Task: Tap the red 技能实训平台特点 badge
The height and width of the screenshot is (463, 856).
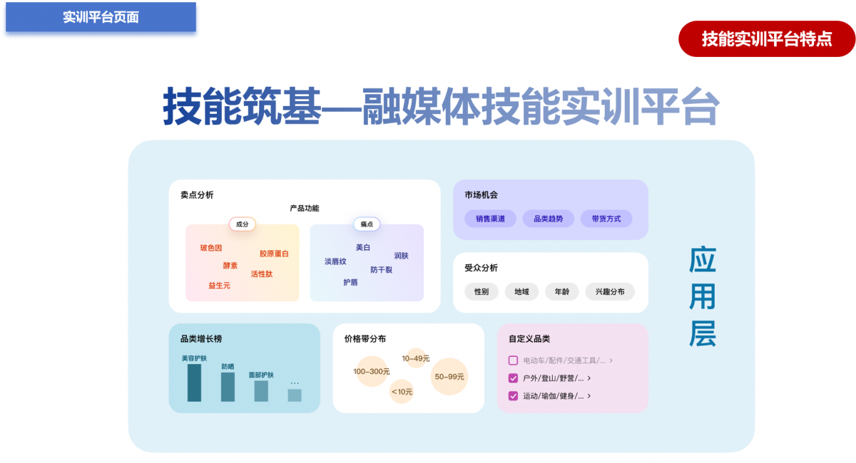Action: (x=766, y=38)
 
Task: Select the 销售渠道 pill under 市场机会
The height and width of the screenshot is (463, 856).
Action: (x=490, y=219)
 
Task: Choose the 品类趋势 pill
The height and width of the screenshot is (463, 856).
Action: (x=548, y=219)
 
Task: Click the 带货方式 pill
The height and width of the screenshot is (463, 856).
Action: (x=606, y=219)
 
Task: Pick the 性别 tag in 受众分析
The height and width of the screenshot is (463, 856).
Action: (x=481, y=291)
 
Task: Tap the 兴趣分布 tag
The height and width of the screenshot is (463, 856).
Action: (x=610, y=291)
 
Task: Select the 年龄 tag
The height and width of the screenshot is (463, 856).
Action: (x=561, y=291)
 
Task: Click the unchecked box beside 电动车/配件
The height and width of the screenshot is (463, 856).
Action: (x=513, y=360)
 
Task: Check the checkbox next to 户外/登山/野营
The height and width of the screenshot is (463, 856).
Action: (x=513, y=378)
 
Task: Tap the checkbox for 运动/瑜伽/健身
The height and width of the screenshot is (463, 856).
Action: (x=513, y=396)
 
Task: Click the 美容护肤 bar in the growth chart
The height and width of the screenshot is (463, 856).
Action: (x=194, y=383)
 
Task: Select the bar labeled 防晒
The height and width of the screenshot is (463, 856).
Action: (x=228, y=387)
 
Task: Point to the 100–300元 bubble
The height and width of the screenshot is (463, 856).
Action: (x=372, y=371)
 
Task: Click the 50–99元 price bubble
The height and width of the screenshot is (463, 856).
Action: (x=449, y=377)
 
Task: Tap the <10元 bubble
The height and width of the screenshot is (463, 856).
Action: (x=402, y=391)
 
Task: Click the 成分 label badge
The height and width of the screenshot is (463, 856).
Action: (x=242, y=224)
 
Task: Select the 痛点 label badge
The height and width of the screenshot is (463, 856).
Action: (x=367, y=224)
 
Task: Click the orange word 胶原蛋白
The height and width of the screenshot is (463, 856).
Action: (x=274, y=254)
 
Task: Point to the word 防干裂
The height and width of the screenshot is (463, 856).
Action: (x=381, y=270)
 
